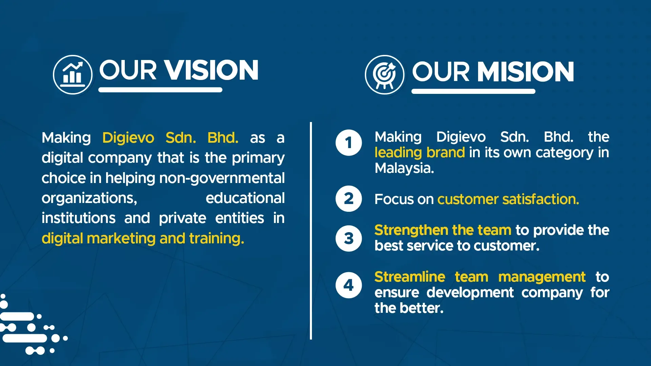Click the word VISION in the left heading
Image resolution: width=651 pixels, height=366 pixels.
212,70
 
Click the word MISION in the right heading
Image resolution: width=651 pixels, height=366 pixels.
526,72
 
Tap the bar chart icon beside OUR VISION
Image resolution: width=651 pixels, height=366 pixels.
73,75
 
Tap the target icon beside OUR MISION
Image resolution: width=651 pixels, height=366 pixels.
384,75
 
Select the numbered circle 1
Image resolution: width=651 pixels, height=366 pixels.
349,143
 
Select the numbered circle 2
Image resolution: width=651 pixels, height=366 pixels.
349,199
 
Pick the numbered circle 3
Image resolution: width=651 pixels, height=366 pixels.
349,238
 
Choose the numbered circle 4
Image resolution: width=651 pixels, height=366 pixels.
349,285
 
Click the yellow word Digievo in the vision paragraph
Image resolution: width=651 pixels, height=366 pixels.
128,138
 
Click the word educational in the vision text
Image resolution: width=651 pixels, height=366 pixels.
245,198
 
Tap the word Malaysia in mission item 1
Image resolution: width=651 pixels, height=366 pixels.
404,168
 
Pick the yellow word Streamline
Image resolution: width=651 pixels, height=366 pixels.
410,277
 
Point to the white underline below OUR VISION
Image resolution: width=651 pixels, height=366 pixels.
160,90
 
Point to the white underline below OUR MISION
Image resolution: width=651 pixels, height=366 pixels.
473,91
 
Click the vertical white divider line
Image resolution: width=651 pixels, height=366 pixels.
311,231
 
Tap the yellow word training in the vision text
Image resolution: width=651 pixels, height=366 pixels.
216,239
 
